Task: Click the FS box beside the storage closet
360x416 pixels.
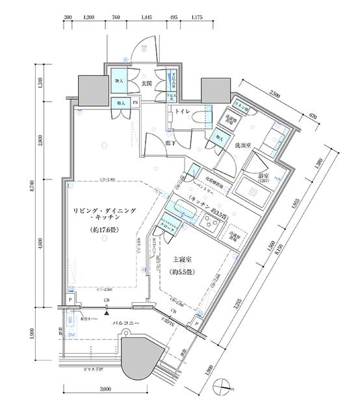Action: (x=136, y=103)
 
